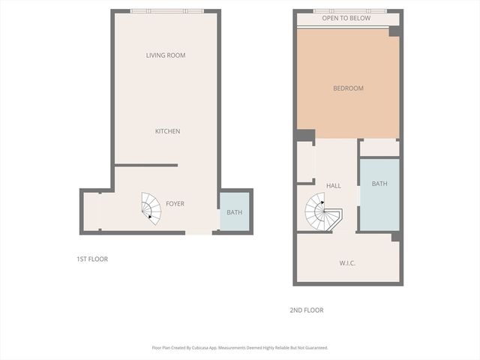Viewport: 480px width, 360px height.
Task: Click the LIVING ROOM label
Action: tap(166, 55)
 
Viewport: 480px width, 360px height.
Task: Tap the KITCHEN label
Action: tap(167, 131)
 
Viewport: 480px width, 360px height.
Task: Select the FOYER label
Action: tap(175, 204)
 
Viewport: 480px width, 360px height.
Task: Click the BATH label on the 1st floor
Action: tap(235, 212)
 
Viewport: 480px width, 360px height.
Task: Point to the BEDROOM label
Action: tap(348, 88)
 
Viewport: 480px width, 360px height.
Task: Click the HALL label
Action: tap(333, 185)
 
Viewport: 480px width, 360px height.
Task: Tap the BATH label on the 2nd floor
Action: tap(379, 184)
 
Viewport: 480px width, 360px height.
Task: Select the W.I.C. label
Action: tap(346, 262)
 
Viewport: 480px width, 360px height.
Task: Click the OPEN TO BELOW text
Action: tap(346, 19)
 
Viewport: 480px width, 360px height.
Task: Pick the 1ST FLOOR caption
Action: tap(92, 259)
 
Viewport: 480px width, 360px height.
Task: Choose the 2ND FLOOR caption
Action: tap(306, 310)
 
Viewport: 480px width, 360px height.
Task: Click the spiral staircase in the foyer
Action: tap(151, 208)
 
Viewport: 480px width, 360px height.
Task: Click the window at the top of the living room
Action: tap(166, 10)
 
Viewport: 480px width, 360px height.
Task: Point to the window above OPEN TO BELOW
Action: tap(349, 10)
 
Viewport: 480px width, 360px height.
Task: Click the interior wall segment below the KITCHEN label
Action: tap(146, 165)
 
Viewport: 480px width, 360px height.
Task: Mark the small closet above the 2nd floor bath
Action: tap(379, 147)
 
